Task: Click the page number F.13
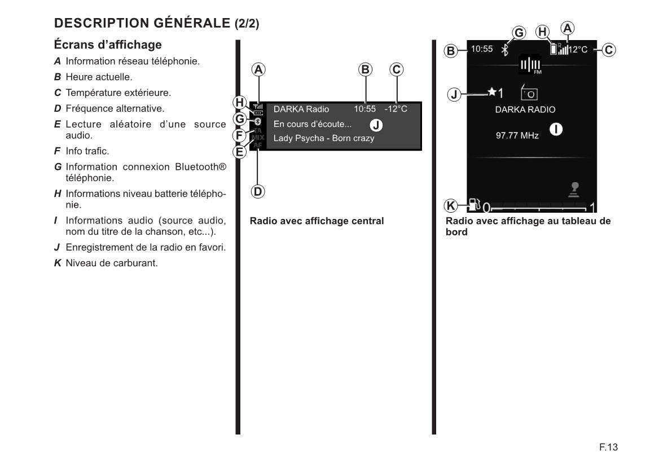[x=609, y=447]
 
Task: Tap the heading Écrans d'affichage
[x=108, y=45]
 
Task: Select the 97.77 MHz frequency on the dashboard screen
[x=517, y=135]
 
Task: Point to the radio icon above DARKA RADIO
[x=529, y=93]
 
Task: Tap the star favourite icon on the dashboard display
[x=492, y=91]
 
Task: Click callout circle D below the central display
[x=258, y=191]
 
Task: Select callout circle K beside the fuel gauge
[x=451, y=205]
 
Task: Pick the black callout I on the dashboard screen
[x=556, y=129]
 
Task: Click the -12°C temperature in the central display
[x=396, y=109]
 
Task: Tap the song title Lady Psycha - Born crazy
[x=324, y=138]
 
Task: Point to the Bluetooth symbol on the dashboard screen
[x=506, y=50]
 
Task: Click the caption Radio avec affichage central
[x=317, y=221]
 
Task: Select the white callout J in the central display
[x=376, y=124]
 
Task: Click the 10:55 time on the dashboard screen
[x=482, y=49]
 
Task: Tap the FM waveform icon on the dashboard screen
[x=530, y=65]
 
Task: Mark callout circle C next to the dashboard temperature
[x=608, y=50]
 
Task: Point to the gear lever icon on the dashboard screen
[x=575, y=189]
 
